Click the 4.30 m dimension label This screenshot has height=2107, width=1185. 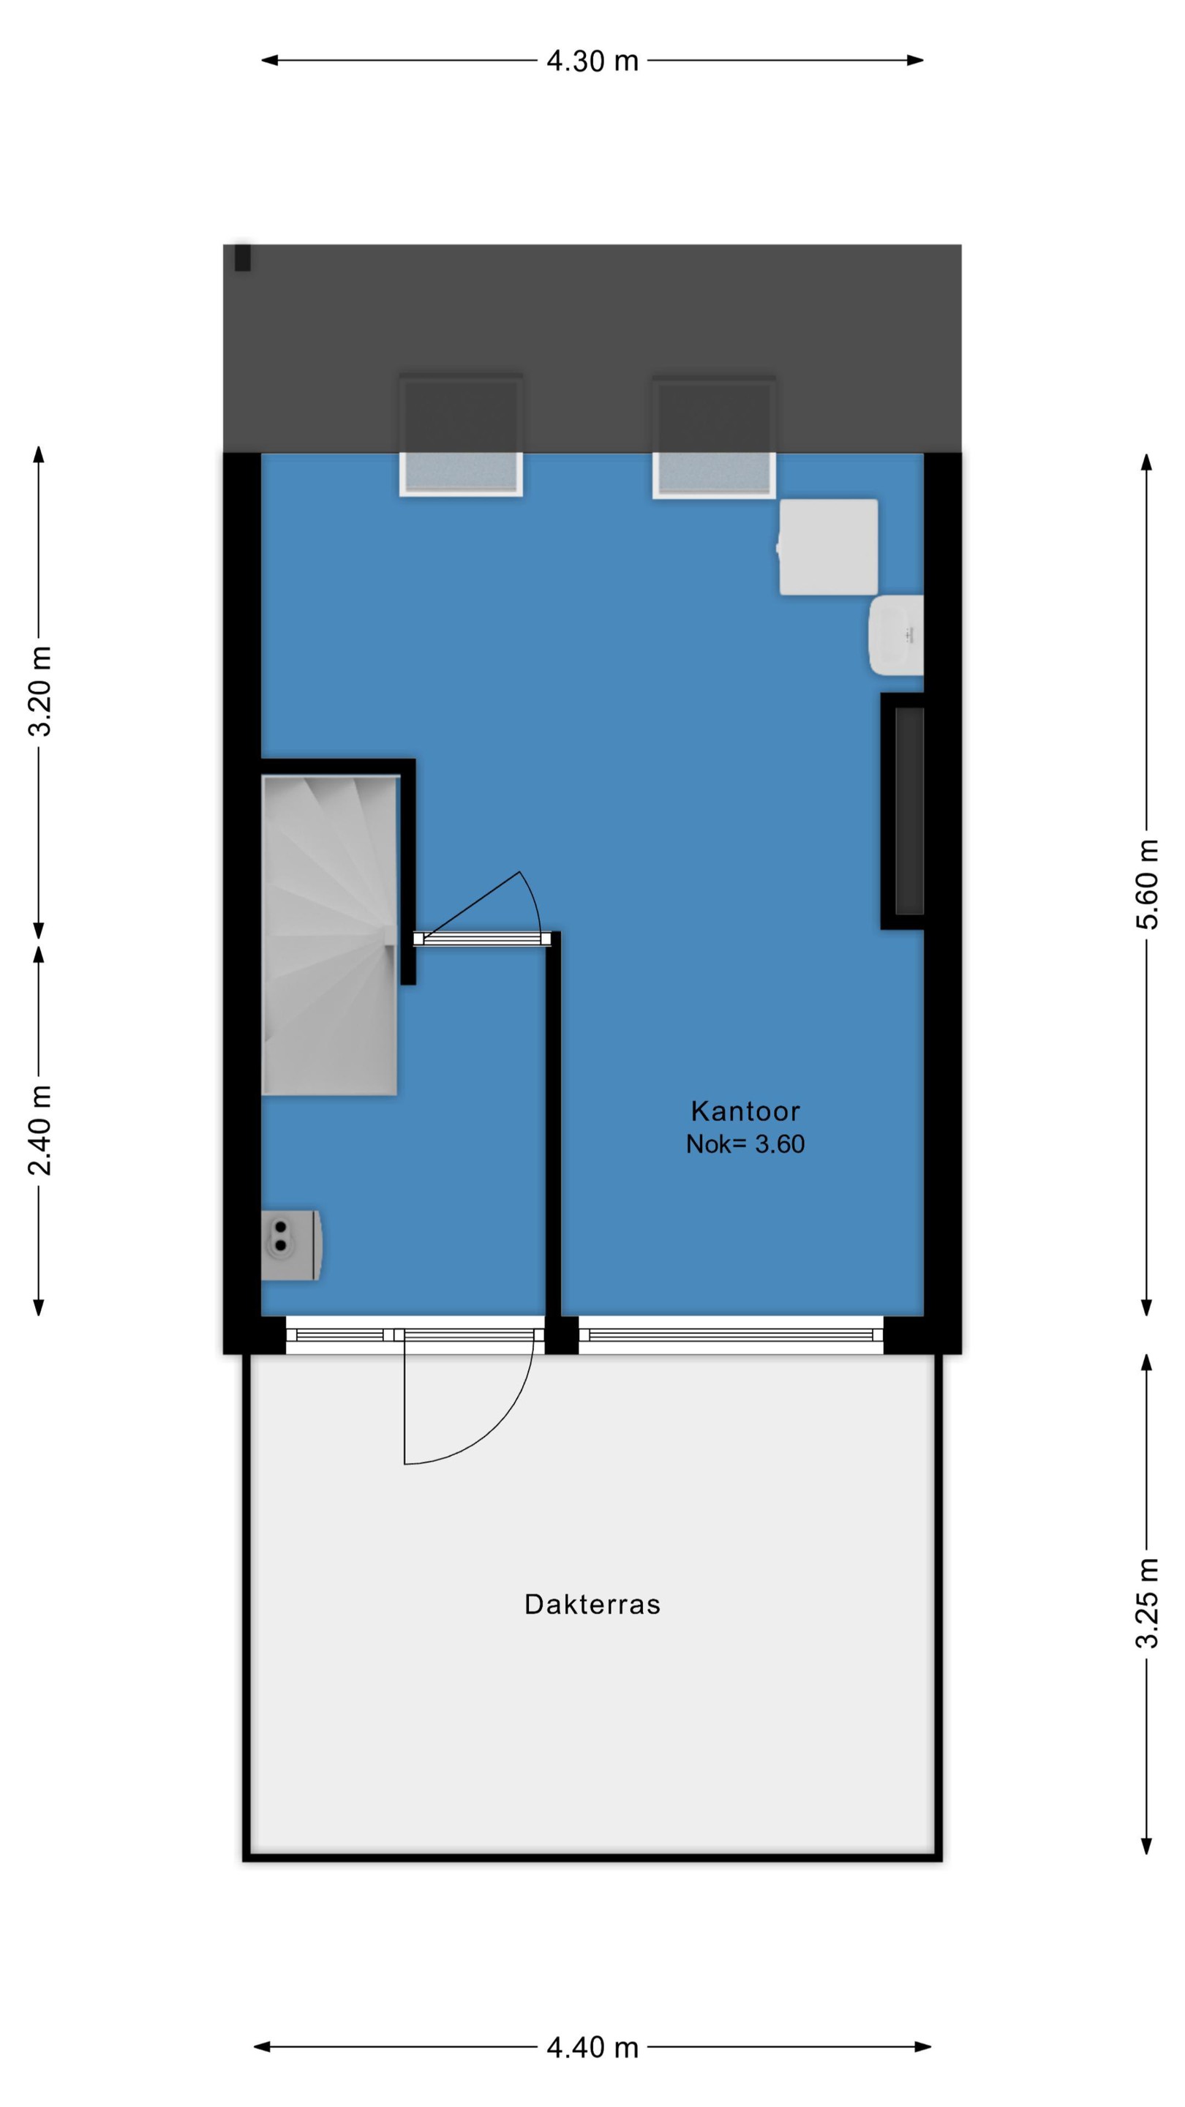tap(592, 61)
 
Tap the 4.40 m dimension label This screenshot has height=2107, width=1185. tap(592, 2047)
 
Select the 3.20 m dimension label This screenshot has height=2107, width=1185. tap(39, 691)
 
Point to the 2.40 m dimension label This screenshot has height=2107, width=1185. tap(39, 1130)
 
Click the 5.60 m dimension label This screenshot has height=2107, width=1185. tap(1148, 885)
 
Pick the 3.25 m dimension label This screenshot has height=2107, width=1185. tap(1148, 1602)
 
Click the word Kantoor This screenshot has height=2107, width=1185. tap(745, 1111)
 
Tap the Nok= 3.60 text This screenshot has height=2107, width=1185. tap(745, 1144)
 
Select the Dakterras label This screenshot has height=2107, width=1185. tap(592, 1604)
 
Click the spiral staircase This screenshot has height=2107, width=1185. tap(330, 935)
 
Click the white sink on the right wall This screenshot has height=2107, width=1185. tap(896, 636)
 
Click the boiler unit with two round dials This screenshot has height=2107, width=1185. tap(291, 1246)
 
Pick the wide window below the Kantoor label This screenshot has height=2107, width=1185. tap(731, 1336)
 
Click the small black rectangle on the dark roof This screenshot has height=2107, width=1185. tap(243, 257)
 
